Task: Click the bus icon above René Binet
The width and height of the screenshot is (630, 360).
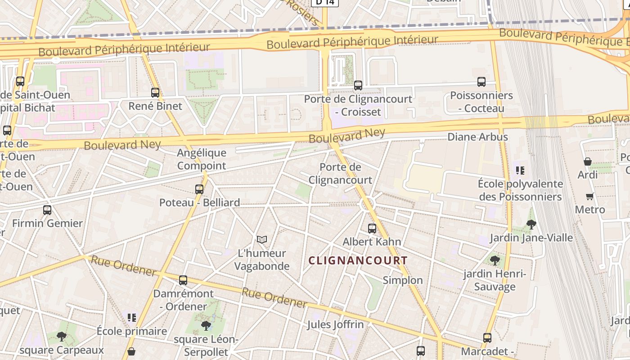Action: point(155,93)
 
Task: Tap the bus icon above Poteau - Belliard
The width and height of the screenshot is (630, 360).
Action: point(199,189)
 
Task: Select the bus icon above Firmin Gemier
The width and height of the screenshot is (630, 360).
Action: point(47,210)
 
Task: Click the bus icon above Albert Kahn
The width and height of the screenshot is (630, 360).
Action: point(372,228)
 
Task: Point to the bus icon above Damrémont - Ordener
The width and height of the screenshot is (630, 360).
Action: point(183,280)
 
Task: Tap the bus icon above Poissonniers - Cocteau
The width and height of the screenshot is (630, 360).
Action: point(481,82)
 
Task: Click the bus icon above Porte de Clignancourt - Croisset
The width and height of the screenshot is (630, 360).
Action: point(358,85)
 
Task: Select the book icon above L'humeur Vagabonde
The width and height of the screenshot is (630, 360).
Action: point(262,240)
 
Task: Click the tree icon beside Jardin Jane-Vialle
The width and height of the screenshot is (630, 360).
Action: point(531,224)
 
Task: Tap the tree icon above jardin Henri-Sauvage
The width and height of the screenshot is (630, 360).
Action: point(495,260)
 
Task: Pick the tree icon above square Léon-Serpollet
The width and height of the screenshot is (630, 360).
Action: point(206,325)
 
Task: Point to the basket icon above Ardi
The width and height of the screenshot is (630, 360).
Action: point(588,161)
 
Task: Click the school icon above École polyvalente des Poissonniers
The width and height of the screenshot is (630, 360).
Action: point(521,171)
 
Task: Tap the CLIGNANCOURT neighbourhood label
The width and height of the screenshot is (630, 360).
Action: point(358,261)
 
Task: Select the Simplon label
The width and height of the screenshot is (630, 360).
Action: point(403,280)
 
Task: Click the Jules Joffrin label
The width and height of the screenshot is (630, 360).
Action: point(335,324)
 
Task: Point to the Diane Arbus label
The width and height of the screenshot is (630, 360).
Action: point(477,137)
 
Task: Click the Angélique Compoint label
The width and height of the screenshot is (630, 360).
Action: point(202,159)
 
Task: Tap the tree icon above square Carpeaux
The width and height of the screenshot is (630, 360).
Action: point(62,336)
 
